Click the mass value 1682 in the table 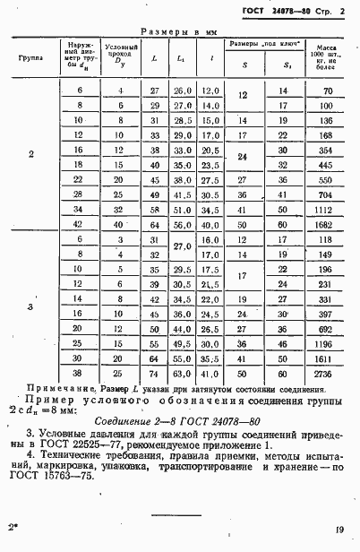(x=324, y=224)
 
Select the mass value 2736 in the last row (x=324, y=373)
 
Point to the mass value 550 (x=325, y=179)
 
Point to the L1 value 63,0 (x=183, y=373)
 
